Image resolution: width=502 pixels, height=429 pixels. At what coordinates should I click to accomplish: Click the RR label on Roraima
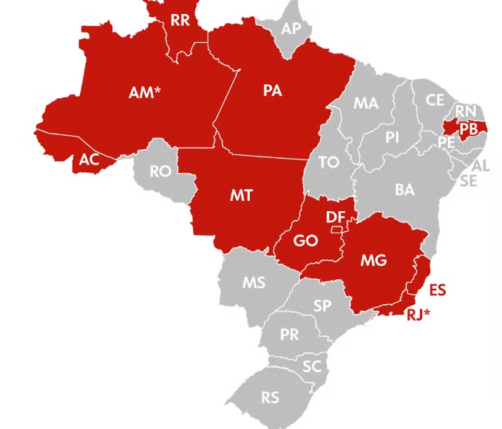(180, 20)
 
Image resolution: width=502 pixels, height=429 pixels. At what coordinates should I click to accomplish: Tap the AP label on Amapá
(291, 28)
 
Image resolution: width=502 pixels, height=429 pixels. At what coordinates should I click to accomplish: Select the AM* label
(145, 93)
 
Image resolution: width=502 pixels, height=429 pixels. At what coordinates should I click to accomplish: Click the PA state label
(272, 91)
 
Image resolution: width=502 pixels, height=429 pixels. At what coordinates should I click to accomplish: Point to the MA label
(365, 103)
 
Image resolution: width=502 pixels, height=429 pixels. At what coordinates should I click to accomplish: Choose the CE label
(435, 100)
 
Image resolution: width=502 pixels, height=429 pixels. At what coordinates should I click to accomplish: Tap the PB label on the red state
(468, 128)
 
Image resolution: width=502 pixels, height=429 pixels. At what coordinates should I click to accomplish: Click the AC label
(89, 159)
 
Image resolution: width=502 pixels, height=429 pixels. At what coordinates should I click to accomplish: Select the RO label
(160, 171)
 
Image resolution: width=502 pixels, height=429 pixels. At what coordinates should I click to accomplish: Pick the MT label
(241, 195)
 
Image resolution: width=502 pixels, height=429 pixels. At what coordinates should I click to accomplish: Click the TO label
(329, 162)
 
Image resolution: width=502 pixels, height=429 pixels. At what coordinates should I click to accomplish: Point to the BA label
(404, 190)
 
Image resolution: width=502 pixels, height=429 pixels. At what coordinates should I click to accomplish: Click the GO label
(305, 241)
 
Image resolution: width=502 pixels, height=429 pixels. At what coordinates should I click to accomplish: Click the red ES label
(438, 289)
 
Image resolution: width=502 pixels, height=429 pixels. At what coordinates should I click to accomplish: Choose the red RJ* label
(418, 315)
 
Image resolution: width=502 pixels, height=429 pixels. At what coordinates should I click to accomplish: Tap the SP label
(322, 305)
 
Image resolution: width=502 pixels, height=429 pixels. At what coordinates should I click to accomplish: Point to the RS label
(271, 397)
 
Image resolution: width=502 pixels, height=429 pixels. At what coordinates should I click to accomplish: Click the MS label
(254, 282)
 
